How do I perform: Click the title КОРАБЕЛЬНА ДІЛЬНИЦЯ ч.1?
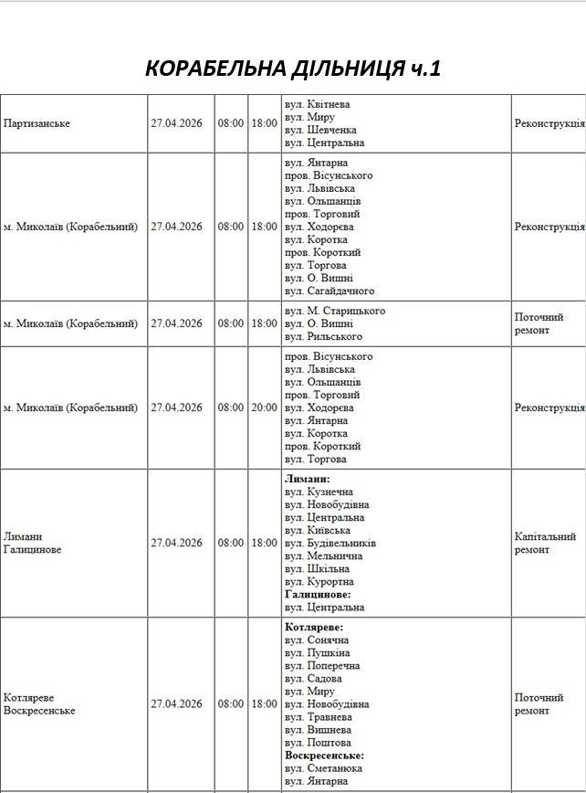293,69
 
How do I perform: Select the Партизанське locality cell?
37,123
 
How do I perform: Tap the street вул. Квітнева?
317,104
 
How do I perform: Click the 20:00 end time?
264,407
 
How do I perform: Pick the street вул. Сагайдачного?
330,291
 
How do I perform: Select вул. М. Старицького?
334,311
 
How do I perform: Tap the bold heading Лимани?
308,479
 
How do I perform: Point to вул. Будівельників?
330,543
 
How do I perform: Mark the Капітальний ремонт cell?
545,544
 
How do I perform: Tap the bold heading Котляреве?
314,628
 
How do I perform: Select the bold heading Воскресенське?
324,756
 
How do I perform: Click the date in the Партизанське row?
177,123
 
